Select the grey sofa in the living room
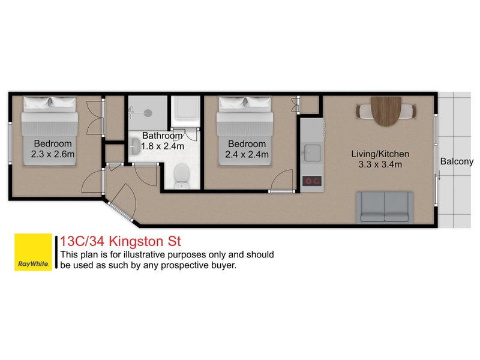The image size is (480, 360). point(385,207)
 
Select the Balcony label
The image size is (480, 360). point(457,161)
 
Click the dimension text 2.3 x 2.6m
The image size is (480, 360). point(53,154)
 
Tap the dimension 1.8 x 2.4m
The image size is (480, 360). point(163,146)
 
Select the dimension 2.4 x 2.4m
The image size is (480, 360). point(247,154)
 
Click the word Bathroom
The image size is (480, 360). point(162,136)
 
